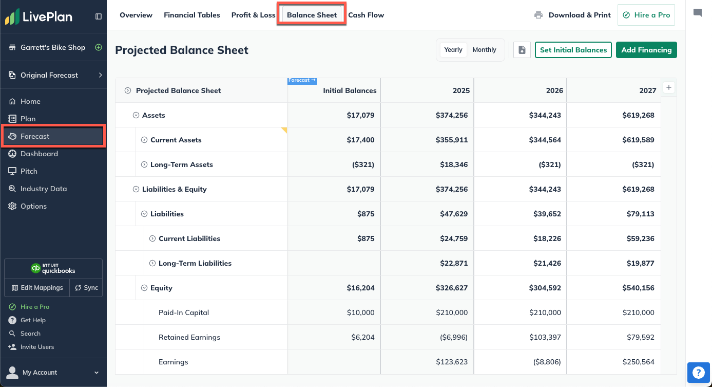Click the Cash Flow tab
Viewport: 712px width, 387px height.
tap(366, 15)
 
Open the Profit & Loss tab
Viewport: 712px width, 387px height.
tap(253, 15)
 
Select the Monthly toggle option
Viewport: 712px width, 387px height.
tap(484, 50)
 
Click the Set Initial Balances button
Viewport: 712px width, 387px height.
tap(573, 50)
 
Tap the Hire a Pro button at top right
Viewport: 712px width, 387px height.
tap(646, 15)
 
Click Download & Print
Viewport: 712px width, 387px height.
tap(573, 15)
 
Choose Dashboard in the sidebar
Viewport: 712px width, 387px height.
tap(39, 154)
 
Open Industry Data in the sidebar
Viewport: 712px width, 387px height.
tap(44, 189)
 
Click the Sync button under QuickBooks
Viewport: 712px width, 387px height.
tap(86, 288)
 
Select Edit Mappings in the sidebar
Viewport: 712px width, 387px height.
tap(37, 288)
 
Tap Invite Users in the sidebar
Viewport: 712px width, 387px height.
tap(37, 347)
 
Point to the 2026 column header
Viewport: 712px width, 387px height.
tap(554, 90)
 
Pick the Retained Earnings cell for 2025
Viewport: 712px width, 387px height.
tap(452, 337)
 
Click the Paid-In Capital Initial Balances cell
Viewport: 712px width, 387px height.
tap(359, 312)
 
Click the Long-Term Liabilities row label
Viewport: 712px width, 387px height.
tap(195, 263)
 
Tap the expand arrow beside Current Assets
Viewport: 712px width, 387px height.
tap(144, 140)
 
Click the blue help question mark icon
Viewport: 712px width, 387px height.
tap(698, 373)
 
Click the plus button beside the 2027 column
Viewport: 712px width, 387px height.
tap(668, 87)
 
